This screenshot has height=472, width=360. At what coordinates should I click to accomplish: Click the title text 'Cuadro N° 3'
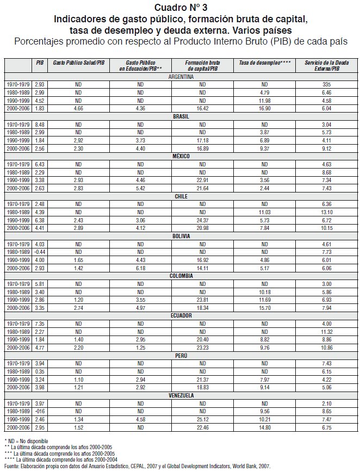180,7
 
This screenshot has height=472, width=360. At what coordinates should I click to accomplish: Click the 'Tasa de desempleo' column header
265,64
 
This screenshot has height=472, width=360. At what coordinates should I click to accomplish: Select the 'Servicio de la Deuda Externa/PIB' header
326,66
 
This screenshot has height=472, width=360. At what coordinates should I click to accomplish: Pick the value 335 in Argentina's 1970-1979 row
326,85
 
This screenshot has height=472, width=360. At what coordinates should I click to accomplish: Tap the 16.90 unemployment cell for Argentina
265,109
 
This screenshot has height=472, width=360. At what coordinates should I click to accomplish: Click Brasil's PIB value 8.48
40,125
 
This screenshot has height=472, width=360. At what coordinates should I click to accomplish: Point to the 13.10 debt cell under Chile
326,212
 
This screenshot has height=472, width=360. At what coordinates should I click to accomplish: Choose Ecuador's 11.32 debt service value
326,331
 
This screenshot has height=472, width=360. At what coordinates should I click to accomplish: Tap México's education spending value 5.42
140,188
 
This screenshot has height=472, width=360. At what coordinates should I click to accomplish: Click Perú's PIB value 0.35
40,371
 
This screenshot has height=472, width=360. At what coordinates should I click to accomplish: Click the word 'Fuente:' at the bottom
12,467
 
